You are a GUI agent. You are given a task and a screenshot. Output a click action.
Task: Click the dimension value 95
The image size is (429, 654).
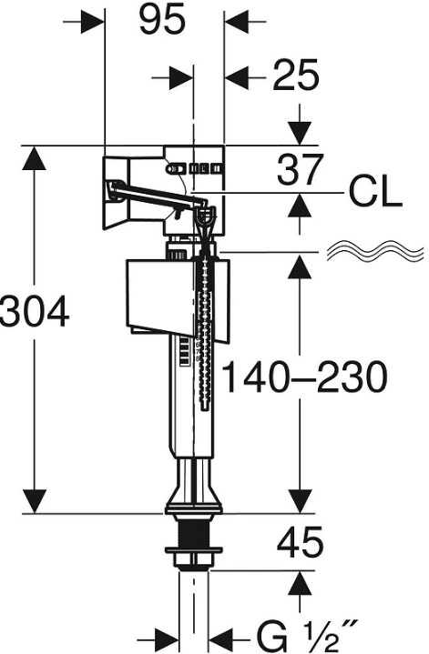click(162, 20)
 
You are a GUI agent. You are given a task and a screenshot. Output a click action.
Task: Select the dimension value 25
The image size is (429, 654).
click(296, 75)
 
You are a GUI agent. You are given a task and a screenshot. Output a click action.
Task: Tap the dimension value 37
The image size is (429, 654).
click(300, 169)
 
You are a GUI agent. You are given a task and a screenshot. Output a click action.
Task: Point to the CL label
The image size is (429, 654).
click(375, 193)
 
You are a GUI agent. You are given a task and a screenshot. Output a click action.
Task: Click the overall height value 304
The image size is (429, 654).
click(35, 312)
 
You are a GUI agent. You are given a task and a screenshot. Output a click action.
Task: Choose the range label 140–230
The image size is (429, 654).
click(305, 377)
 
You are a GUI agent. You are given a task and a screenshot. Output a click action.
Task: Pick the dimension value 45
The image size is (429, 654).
click(301, 543)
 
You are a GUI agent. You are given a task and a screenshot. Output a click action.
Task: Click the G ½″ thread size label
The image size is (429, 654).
click(307, 638)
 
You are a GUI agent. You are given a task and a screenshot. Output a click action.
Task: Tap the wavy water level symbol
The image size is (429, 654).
click(375, 251)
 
